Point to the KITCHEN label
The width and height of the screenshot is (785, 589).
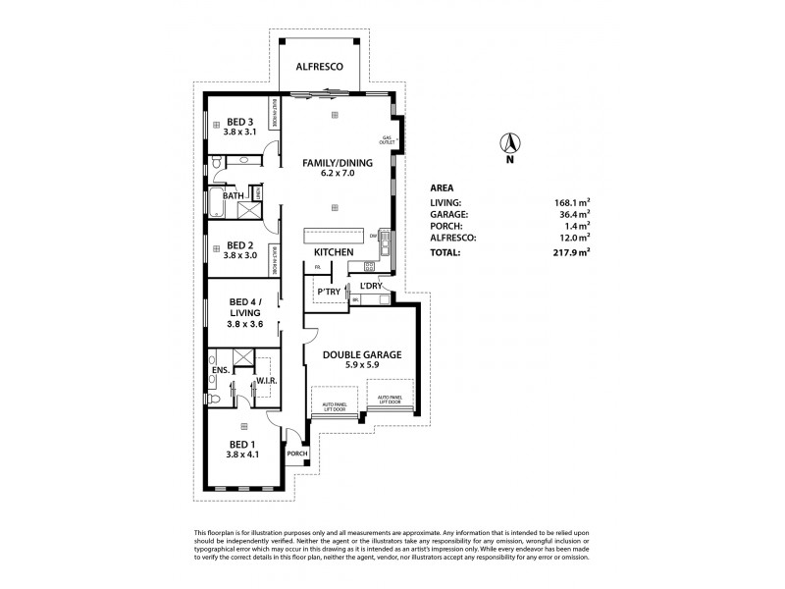pos(334,252)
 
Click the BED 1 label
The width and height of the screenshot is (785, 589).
pos(239,445)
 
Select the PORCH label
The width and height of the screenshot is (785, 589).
pos(297,453)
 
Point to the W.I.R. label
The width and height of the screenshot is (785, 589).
pos(265,381)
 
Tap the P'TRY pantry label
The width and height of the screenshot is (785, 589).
pos(327,292)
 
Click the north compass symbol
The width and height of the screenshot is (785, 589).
pos(509,145)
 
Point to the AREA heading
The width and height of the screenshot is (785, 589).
pos(443,187)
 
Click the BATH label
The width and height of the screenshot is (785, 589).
pos(233,195)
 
